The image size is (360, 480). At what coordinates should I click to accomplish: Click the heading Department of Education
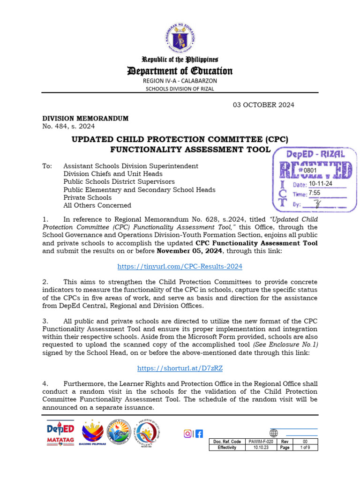(180, 71)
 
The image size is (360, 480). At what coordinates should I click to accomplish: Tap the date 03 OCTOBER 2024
(264, 105)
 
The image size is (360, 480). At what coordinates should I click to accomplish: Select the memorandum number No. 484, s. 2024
(68, 126)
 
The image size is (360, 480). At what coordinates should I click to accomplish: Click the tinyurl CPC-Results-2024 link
(180, 266)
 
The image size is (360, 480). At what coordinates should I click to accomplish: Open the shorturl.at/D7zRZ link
(180, 368)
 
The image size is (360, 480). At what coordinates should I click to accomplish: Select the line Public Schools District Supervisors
(119, 181)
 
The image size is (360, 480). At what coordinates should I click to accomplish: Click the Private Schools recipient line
(87, 197)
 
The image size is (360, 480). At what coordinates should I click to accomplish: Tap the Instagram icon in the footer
(188, 434)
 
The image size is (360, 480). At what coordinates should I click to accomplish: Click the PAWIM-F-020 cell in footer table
(262, 442)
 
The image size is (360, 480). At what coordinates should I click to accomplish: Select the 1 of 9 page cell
(305, 448)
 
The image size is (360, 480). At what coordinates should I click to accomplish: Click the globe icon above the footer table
(274, 433)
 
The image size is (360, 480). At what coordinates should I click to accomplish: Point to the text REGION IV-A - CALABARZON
(180, 81)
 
